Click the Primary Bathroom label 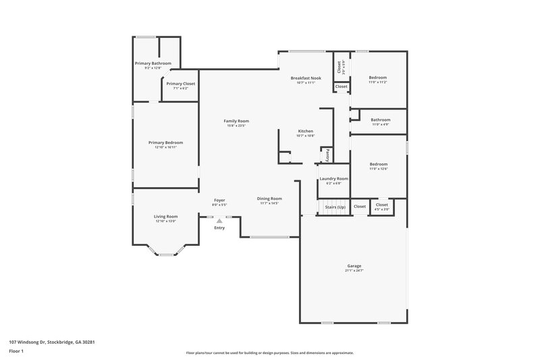pos(153,63)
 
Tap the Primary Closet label pos(180,84)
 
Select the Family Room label pos(236,121)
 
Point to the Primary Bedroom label pos(165,143)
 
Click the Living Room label pos(165,216)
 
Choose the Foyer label pos(219,200)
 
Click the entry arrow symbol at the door pos(219,220)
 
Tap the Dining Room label pos(269,199)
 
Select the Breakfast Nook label pos(306,78)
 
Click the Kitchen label pos(306,131)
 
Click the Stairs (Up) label pos(335,207)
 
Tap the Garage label pos(354,266)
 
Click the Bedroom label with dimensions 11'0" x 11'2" pos(378,78)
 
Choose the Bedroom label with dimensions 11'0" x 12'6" pos(378,164)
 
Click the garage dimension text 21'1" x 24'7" pos(354,271)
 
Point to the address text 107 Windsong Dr pos(51,342)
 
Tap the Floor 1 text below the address pos(17,352)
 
